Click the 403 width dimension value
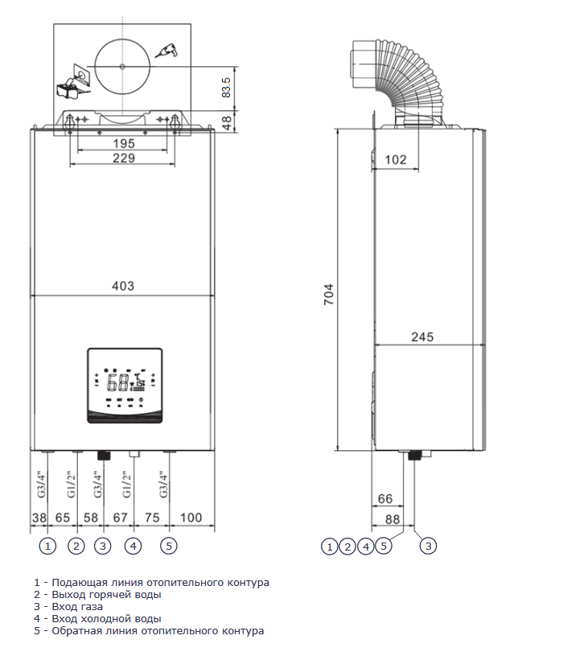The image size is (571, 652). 123,286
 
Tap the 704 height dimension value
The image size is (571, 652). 329,295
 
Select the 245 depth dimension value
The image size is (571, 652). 422,336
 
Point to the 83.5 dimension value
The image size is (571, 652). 226,87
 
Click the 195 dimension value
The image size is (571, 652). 124,143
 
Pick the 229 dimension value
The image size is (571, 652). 124,158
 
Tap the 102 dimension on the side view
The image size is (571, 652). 395,159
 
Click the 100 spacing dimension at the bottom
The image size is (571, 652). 191,518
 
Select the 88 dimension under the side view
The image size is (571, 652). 392,519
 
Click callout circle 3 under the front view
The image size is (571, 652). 103,546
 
